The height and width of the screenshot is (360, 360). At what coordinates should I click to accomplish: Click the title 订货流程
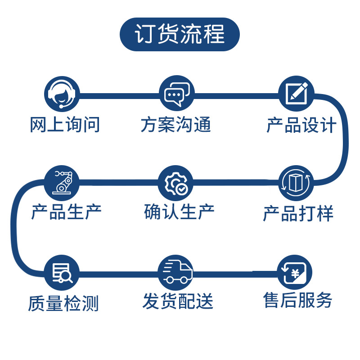pyautogui.click(x=180, y=35)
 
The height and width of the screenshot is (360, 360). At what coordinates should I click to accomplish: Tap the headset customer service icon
pyautogui.click(x=62, y=94)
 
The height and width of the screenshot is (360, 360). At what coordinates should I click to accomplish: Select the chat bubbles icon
pyautogui.click(x=177, y=94)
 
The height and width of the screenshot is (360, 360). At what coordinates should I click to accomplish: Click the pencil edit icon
pyautogui.click(x=296, y=94)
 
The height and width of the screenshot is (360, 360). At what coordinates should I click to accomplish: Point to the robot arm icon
pyautogui.click(x=62, y=183)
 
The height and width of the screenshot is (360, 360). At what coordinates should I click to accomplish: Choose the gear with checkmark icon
pyautogui.click(x=177, y=183)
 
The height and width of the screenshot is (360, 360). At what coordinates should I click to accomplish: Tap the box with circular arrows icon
pyautogui.click(x=296, y=183)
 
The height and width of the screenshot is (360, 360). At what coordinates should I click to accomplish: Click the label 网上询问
pyautogui.click(x=65, y=125)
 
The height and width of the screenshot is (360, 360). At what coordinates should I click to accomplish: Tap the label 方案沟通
pyautogui.click(x=176, y=125)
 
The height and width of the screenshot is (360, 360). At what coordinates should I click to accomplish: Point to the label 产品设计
pyautogui.click(x=301, y=125)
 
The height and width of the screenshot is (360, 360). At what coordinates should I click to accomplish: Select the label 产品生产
pyautogui.click(x=66, y=212)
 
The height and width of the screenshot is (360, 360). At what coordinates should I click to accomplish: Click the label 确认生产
pyautogui.click(x=180, y=212)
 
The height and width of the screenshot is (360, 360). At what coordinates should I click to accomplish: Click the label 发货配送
pyautogui.click(x=178, y=301)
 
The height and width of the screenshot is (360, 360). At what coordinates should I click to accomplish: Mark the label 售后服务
pyautogui.click(x=298, y=300)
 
